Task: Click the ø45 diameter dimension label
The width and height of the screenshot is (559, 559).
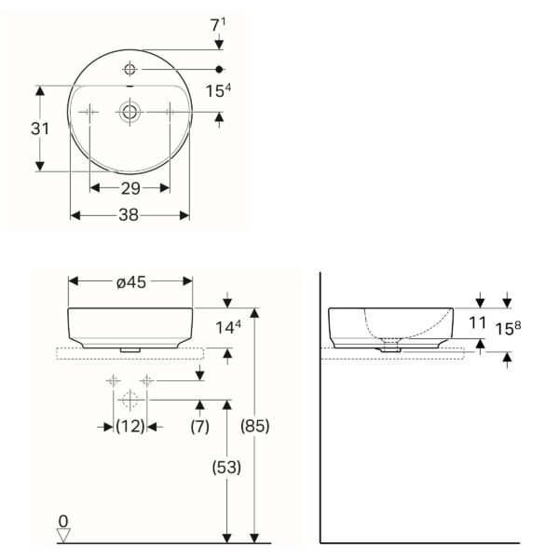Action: coord(131,282)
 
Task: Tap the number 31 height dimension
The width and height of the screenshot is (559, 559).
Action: coord(40,129)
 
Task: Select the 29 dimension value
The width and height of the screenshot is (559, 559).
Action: coord(130,188)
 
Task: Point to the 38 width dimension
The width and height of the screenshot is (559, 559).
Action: coord(129,215)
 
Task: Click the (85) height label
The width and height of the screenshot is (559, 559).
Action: coord(255,426)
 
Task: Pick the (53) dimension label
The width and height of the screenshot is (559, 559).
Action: coord(226,468)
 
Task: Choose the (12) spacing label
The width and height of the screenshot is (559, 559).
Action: coord(130,426)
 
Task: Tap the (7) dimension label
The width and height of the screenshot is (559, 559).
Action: coord(199,426)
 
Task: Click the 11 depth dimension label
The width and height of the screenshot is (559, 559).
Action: coord(478,323)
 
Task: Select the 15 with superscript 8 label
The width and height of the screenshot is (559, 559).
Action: coord(508,328)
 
